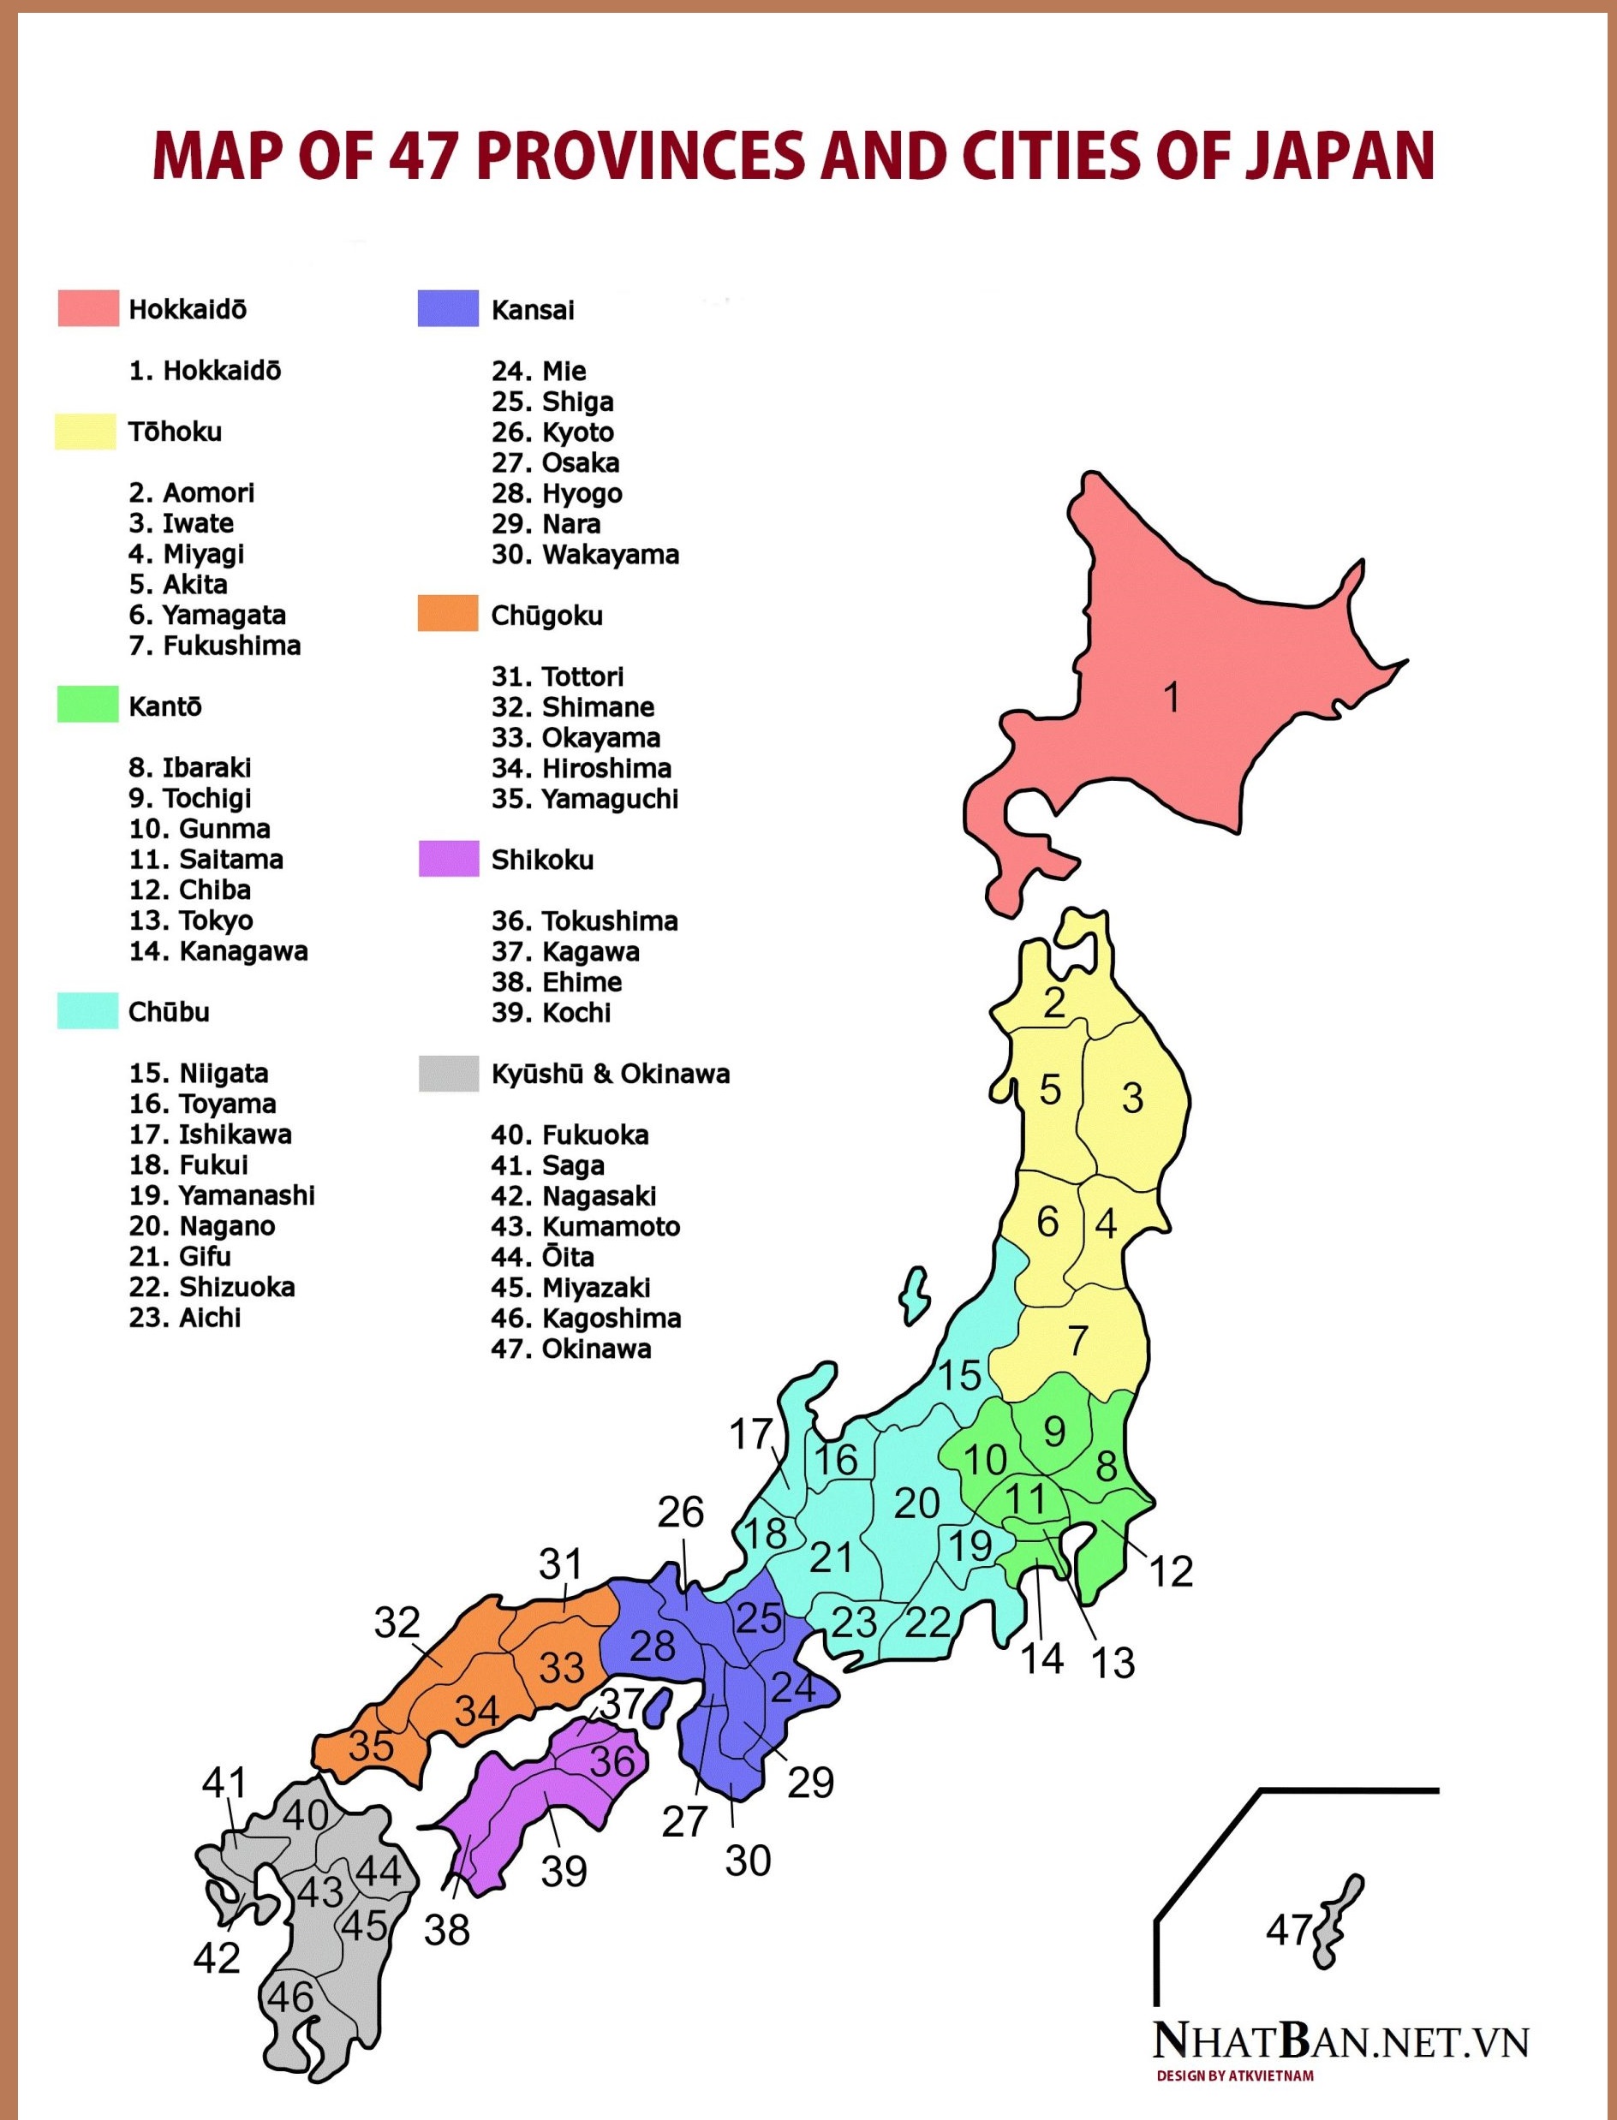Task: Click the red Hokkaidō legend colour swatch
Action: coord(87,308)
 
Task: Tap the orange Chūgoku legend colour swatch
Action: coord(448,613)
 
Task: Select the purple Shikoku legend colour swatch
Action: coord(449,859)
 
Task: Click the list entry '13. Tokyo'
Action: coord(191,920)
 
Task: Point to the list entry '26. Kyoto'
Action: coord(552,432)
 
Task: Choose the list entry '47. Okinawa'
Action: coord(570,1349)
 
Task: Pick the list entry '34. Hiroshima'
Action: coord(582,768)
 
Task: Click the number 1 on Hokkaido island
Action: coord(1172,697)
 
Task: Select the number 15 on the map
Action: coord(959,1375)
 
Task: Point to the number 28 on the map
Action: coord(652,1647)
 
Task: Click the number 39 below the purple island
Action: coord(563,1871)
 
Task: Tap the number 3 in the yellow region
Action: coord(1132,1098)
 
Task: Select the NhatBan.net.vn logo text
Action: coord(1340,2040)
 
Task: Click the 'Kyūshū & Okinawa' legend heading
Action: coord(610,1074)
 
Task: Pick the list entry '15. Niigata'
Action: coord(199,1073)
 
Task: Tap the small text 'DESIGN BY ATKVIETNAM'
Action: coord(1235,2075)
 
